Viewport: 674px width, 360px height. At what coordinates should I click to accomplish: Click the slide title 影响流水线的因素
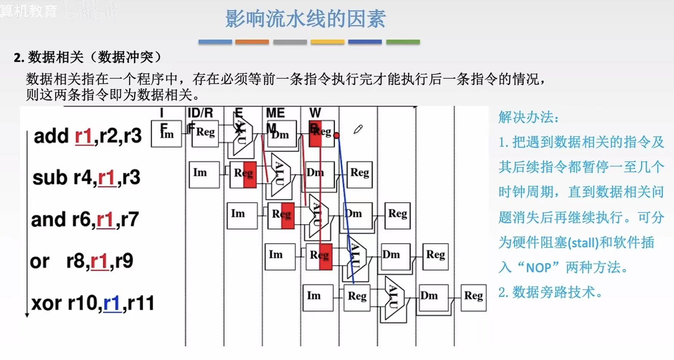click(305, 19)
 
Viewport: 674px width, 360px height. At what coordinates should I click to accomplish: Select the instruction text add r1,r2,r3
click(88, 136)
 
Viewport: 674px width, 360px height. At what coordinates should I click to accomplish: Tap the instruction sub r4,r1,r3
click(86, 178)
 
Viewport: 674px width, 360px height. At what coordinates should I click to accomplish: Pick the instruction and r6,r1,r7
click(85, 219)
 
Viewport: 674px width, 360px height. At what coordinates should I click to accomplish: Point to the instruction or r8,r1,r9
click(81, 261)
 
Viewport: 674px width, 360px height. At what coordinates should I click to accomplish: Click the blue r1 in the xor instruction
click(113, 303)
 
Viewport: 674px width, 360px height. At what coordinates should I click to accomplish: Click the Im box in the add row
click(166, 133)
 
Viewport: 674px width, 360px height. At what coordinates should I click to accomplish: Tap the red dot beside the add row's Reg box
click(337, 135)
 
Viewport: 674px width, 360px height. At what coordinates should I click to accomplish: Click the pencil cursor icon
click(358, 129)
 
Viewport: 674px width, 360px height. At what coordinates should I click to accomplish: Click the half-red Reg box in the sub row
click(243, 174)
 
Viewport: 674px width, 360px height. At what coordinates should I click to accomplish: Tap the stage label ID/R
click(200, 113)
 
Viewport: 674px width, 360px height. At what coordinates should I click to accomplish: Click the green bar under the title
click(403, 41)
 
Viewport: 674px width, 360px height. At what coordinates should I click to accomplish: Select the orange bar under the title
click(252, 41)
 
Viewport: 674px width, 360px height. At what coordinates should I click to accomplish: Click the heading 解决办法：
click(528, 117)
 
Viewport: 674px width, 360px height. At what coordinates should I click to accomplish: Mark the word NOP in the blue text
click(539, 267)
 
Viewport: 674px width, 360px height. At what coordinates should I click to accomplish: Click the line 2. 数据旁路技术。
click(550, 292)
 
